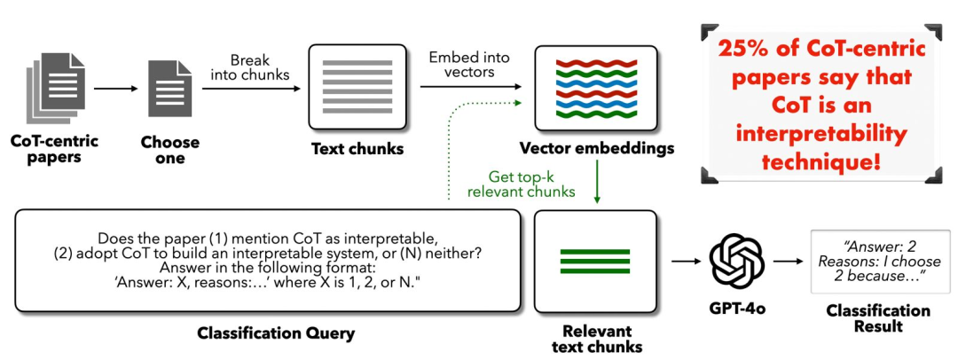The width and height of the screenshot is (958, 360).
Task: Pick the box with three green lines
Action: [595, 261]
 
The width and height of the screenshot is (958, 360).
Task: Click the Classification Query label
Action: [268, 333]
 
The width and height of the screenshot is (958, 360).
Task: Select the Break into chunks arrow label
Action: [250, 69]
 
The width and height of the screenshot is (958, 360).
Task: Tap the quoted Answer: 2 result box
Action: [880, 262]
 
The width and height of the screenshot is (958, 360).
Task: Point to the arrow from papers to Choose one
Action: [117, 89]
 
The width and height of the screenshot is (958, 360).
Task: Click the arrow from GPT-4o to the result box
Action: [788, 262]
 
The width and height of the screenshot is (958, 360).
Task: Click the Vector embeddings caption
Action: [596, 148]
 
